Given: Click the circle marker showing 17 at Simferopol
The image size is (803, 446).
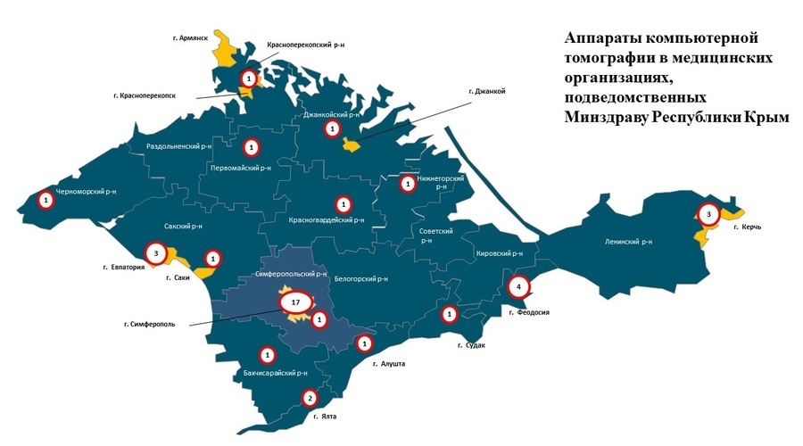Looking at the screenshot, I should (295, 302).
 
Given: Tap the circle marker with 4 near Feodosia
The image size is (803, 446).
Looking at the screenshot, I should (518, 287).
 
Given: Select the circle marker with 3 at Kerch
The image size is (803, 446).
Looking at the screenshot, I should (708, 214).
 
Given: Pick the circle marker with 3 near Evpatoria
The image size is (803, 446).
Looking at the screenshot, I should (156, 253).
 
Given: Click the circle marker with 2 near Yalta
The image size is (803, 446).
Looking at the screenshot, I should (310, 398).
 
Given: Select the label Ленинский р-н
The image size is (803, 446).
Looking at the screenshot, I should (629, 242).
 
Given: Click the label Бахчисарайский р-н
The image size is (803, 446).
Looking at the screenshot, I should (275, 373).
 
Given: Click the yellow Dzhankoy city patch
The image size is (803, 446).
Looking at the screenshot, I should (354, 145).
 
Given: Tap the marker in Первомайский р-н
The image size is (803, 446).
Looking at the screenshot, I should (252, 146).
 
